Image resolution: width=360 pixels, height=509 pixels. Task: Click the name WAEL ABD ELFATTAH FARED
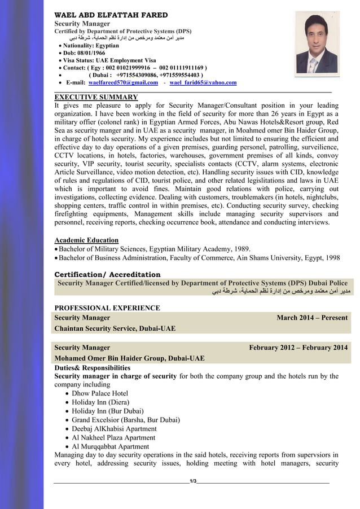[111, 15]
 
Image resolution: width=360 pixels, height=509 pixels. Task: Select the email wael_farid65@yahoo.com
[203, 83]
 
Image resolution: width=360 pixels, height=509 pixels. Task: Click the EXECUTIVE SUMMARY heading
[96, 97]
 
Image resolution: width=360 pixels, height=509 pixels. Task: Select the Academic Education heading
[86, 240]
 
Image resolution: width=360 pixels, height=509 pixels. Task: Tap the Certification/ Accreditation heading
[107, 274]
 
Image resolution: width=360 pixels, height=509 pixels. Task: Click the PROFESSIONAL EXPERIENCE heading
[107, 308]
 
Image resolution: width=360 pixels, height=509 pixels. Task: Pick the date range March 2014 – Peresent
[312, 318]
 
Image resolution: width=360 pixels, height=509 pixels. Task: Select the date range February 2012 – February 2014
[298, 348]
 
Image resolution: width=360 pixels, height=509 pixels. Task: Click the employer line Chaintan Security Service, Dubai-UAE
[115, 328]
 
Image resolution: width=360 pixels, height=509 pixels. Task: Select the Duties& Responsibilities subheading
[92, 367]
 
